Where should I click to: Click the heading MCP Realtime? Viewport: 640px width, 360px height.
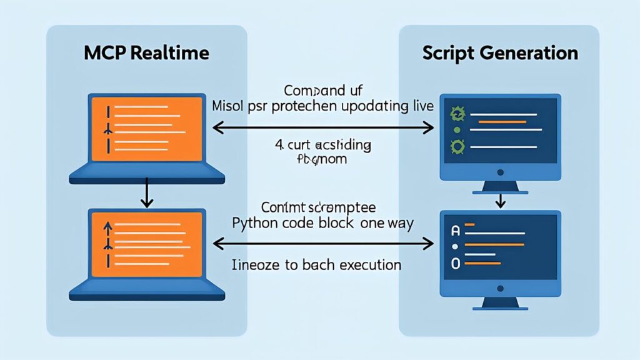tap(146, 53)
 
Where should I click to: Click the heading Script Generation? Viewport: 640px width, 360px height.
tap(500, 53)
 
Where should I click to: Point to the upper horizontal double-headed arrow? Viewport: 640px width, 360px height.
tap(322, 128)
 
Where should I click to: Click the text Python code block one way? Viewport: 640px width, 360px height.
tap(322, 224)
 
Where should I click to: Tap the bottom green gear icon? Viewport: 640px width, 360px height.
tap(457, 148)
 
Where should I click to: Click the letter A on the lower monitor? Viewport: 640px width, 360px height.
tap(456, 231)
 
